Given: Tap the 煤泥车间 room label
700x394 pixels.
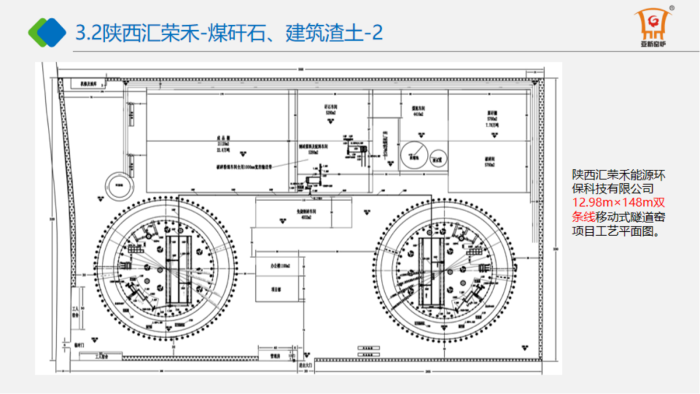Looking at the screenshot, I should [x=417, y=111].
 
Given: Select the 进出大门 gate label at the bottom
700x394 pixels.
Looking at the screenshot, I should [x=305, y=365].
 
